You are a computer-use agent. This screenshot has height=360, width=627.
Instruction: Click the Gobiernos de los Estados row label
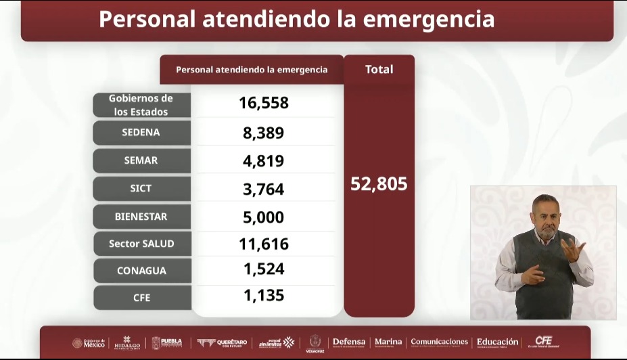141,105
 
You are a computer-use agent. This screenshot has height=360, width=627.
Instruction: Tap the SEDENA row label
141,133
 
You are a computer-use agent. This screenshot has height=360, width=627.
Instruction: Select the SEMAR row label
141,160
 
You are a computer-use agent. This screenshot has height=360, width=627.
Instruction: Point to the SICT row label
141,189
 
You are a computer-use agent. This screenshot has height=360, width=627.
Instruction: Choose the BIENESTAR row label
141,217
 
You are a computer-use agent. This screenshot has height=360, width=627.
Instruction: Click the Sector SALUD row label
141,244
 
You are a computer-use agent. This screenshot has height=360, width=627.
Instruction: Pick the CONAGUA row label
141,271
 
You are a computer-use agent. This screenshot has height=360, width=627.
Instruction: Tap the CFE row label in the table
141,297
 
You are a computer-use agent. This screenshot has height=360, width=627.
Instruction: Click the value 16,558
264,103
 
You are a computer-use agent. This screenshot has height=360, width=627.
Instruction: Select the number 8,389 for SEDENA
264,133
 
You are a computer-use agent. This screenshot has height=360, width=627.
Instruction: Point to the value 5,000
264,217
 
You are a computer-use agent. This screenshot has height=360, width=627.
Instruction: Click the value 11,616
264,244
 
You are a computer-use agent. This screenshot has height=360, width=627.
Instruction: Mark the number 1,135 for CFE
264,296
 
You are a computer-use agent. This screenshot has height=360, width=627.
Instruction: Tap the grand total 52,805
379,184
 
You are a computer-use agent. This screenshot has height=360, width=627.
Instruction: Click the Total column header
379,69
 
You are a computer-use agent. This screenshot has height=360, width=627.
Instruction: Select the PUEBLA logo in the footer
167,342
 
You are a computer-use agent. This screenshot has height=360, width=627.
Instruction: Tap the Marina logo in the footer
388,342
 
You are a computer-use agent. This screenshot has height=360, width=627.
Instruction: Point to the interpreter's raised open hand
572,250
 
